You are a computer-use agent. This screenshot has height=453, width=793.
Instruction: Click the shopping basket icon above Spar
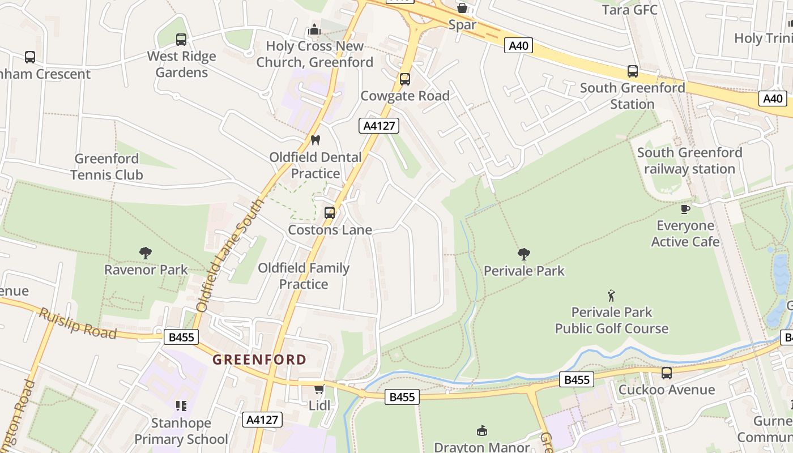click(462, 8)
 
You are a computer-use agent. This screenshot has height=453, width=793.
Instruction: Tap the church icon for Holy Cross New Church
click(314, 29)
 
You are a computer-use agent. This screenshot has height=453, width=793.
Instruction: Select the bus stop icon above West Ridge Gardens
click(181, 40)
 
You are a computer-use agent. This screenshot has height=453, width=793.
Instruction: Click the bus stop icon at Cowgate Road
click(405, 79)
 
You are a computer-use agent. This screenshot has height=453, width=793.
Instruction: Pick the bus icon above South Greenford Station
click(633, 71)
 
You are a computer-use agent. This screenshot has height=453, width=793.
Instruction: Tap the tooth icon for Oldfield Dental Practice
click(316, 140)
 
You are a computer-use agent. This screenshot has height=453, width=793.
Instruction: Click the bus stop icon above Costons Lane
click(330, 213)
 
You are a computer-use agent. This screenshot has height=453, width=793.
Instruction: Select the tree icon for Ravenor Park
click(146, 253)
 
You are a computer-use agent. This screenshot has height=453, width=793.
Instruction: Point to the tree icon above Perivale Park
click(524, 254)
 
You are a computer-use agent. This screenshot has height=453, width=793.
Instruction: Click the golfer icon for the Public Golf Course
click(611, 296)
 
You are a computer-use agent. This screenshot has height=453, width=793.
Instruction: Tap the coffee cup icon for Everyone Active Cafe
click(685, 209)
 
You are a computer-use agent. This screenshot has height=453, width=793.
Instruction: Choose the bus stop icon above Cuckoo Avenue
click(667, 373)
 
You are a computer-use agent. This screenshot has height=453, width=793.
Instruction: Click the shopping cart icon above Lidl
click(319, 389)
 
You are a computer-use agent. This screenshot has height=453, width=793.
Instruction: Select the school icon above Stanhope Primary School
click(181, 406)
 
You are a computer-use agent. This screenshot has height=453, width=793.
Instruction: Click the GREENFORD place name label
click(259, 360)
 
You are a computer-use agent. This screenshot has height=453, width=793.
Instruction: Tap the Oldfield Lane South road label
click(230, 255)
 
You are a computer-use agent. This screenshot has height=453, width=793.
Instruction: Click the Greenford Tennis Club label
click(106, 166)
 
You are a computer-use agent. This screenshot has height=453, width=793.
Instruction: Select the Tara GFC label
click(629, 10)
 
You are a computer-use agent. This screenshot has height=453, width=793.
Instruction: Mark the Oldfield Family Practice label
click(304, 276)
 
